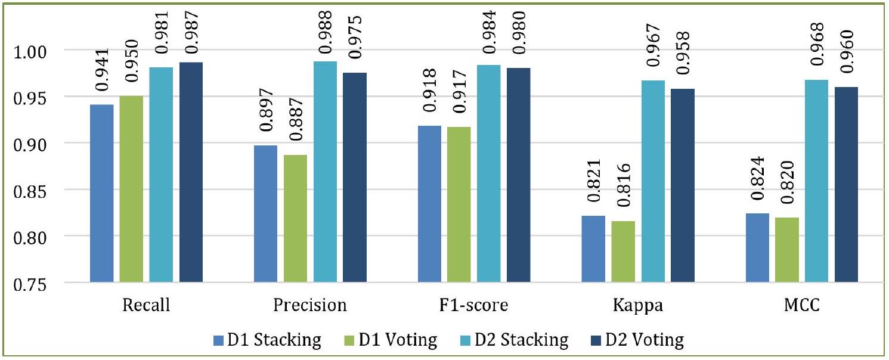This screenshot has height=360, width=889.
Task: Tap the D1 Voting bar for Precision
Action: [295, 218]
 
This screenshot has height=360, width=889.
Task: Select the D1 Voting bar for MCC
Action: [786, 250]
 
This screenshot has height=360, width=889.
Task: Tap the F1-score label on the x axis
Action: [474, 306]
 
